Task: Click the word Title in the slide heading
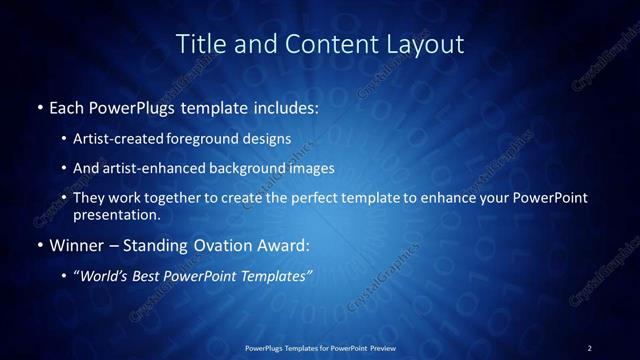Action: click(x=198, y=44)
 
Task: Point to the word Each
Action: click(x=67, y=105)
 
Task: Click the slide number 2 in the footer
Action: click(x=590, y=347)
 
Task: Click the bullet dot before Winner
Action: click(x=39, y=245)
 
